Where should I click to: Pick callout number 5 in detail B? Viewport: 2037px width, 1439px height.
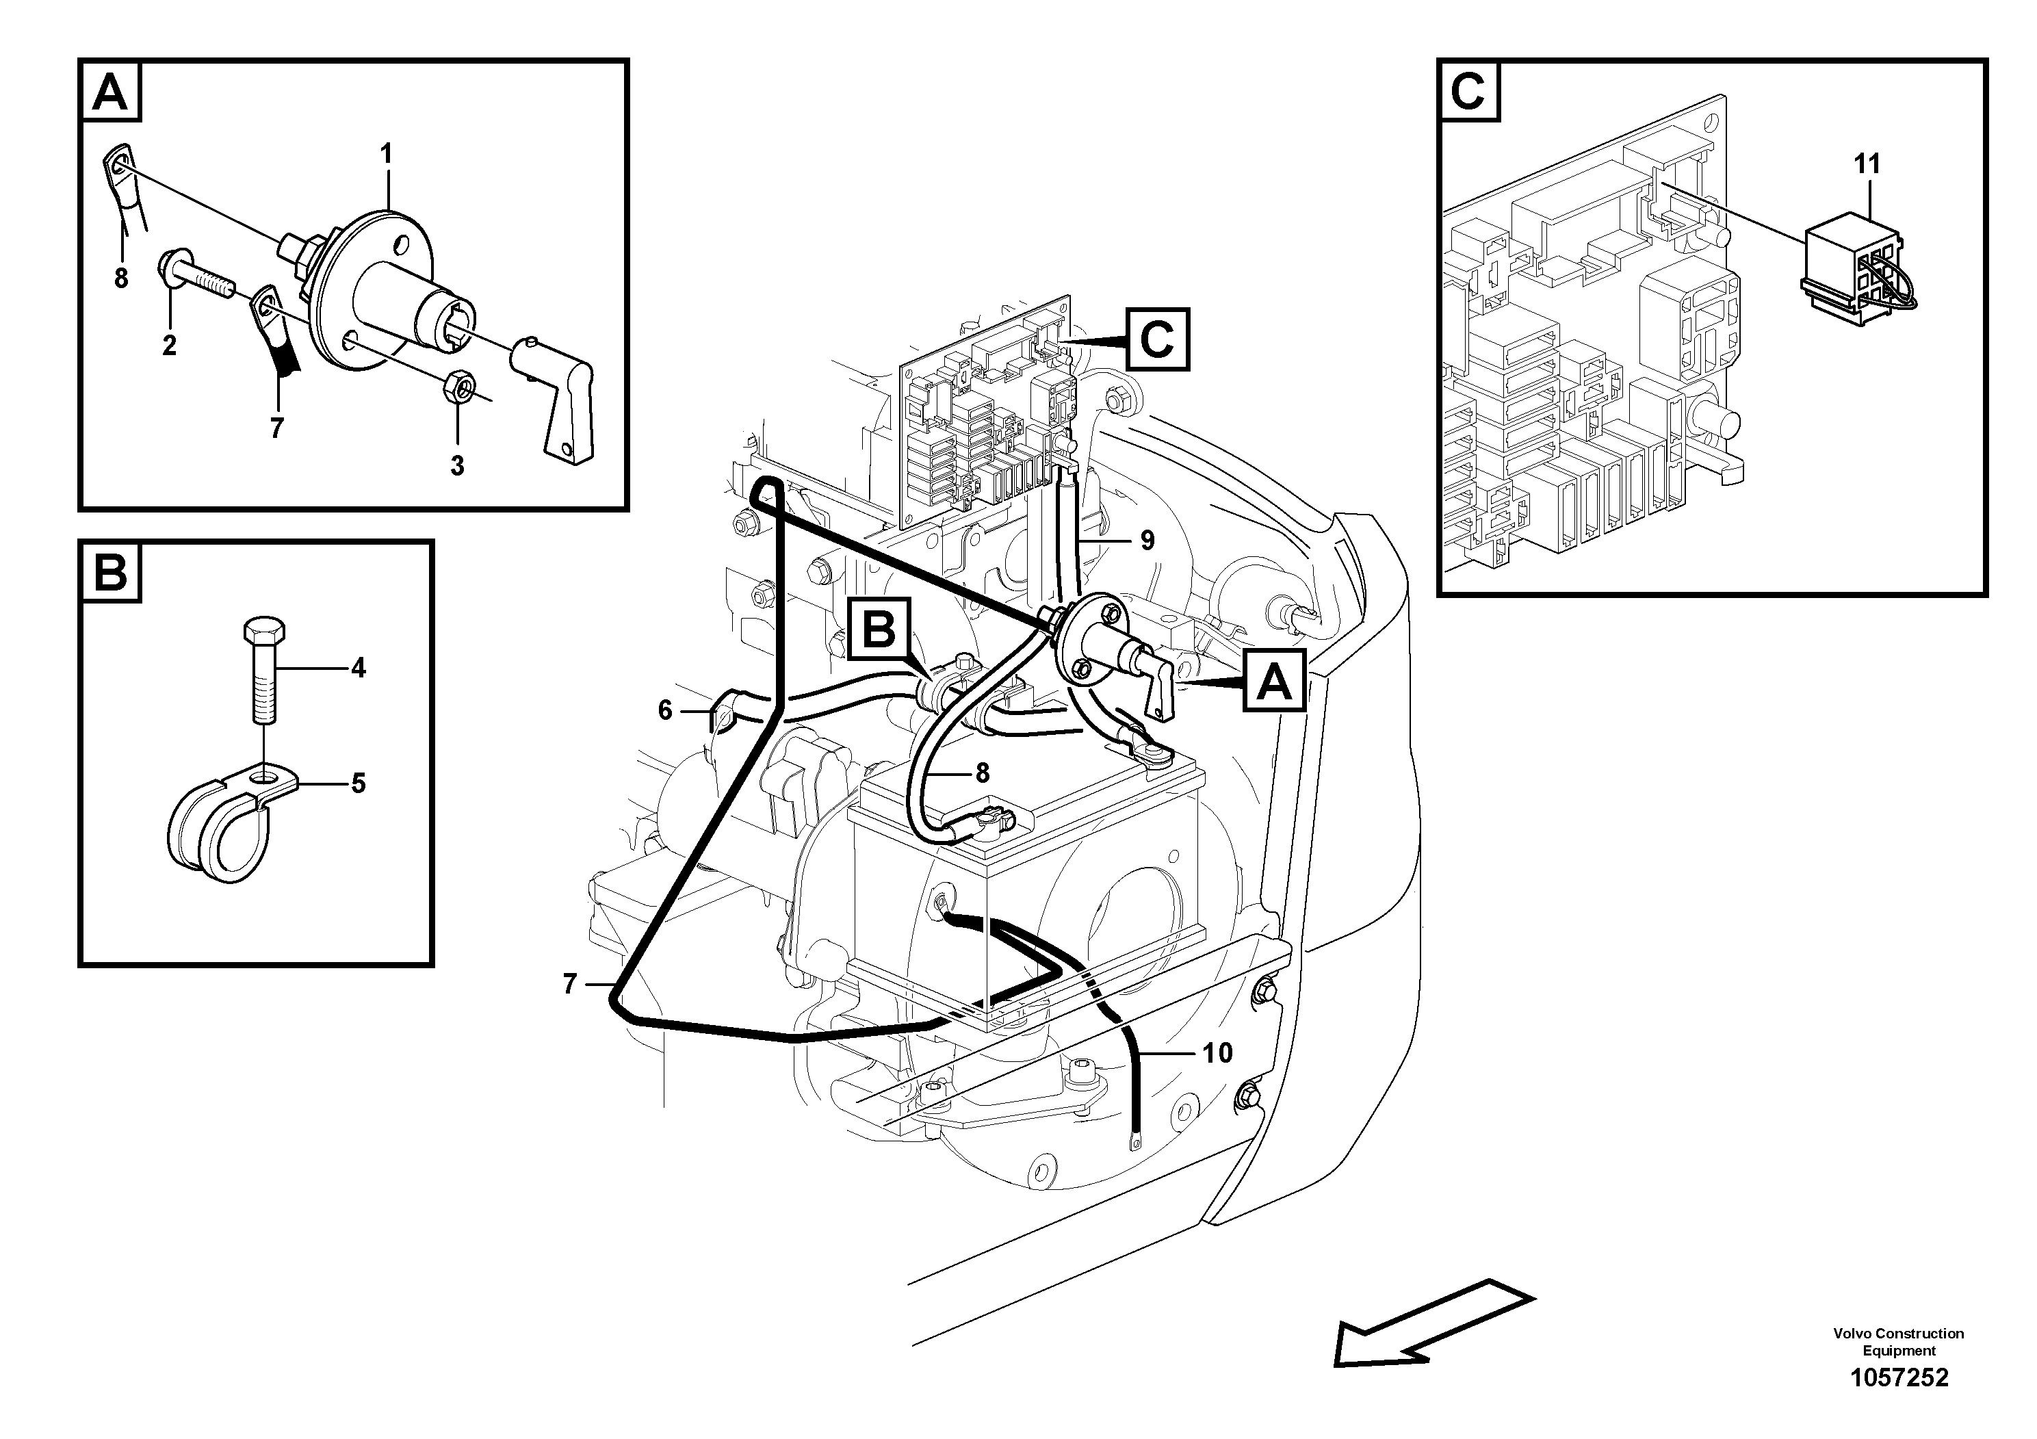click(x=359, y=783)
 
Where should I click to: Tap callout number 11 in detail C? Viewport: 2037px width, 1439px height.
click(x=1867, y=164)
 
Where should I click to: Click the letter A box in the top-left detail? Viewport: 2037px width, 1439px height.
click(x=111, y=92)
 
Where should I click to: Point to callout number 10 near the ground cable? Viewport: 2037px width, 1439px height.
click(x=1217, y=1053)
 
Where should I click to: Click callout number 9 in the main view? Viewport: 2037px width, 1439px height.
click(x=1147, y=541)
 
